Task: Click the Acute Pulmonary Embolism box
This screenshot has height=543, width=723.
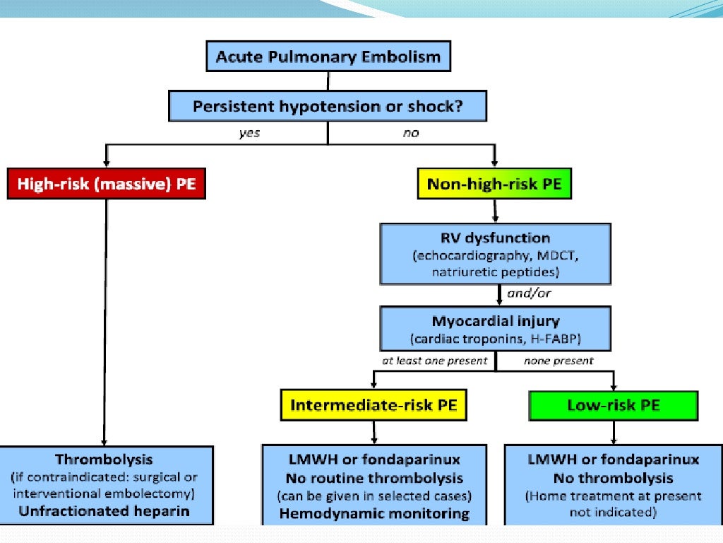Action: click(328, 57)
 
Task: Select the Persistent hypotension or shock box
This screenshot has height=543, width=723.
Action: click(328, 107)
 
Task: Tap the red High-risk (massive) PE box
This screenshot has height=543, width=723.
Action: click(106, 185)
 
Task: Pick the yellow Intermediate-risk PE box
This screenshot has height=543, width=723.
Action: click(374, 406)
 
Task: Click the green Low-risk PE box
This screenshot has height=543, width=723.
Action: click(613, 406)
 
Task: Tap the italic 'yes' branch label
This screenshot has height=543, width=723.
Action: click(249, 133)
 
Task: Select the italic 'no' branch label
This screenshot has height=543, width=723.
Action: click(411, 133)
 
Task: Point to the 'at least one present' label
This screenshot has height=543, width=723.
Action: click(436, 361)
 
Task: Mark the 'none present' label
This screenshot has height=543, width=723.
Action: click(558, 361)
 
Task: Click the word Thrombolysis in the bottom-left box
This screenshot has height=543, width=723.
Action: click(104, 460)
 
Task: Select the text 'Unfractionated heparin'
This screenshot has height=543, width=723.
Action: click(104, 510)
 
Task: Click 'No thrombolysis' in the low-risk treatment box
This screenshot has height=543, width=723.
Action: click(613, 478)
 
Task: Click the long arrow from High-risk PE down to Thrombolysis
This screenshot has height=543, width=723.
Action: click(105, 318)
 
